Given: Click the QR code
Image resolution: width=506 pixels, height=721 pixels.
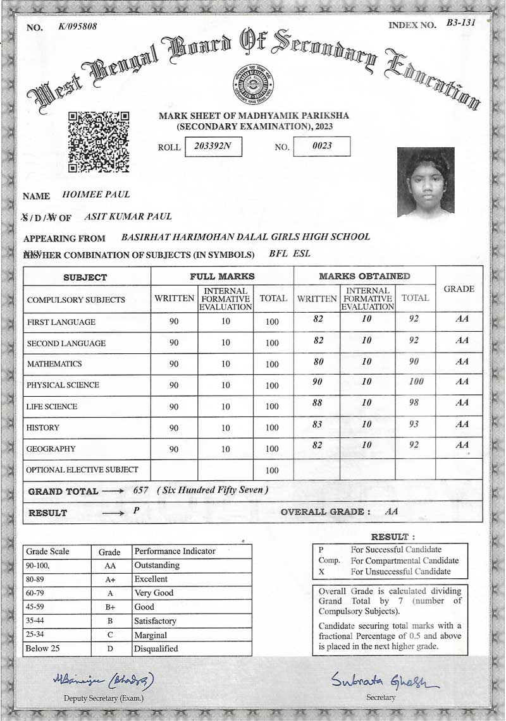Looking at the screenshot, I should pyautogui.click(x=98, y=142).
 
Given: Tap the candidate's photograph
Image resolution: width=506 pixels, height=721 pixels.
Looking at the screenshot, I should pyautogui.click(x=426, y=183).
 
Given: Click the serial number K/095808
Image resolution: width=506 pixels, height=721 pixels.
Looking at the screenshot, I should pyautogui.click(x=77, y=26).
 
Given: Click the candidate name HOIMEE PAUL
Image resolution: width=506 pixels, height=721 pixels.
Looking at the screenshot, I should pyautogui.click(x=96, y=195).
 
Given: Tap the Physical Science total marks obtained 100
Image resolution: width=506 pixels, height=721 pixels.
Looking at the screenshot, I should pyautogui.click(x=416, y=382).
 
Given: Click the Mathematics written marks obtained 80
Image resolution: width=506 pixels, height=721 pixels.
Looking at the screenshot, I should pyautogui.click(x=318, y=361).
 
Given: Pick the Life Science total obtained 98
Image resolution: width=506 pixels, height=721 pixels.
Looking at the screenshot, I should pyautogui.click(x=414, y=403).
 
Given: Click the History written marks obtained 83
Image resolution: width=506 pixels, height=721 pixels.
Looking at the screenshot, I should pyautogui.click(x=318, y=424).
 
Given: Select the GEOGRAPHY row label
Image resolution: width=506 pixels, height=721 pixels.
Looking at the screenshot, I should pyautogui.click(x=51, y=449).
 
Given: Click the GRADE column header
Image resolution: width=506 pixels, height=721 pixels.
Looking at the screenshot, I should pyautogui.click(x=459, y=289).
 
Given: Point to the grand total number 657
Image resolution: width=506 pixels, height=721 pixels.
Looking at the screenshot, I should pyautogui.click(x=142, y=490).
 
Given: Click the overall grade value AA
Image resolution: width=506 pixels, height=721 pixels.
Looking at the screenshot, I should pyautogui.click(x=392, y=511).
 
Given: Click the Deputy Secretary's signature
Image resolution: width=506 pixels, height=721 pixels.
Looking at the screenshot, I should pyautogui.click(x=103, y=679).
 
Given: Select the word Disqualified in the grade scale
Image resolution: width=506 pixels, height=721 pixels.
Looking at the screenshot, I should pyautogui.click(x=156, y=648).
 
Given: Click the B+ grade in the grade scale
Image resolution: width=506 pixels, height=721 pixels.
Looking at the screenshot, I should pyautogui.click(x=109, y=607).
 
